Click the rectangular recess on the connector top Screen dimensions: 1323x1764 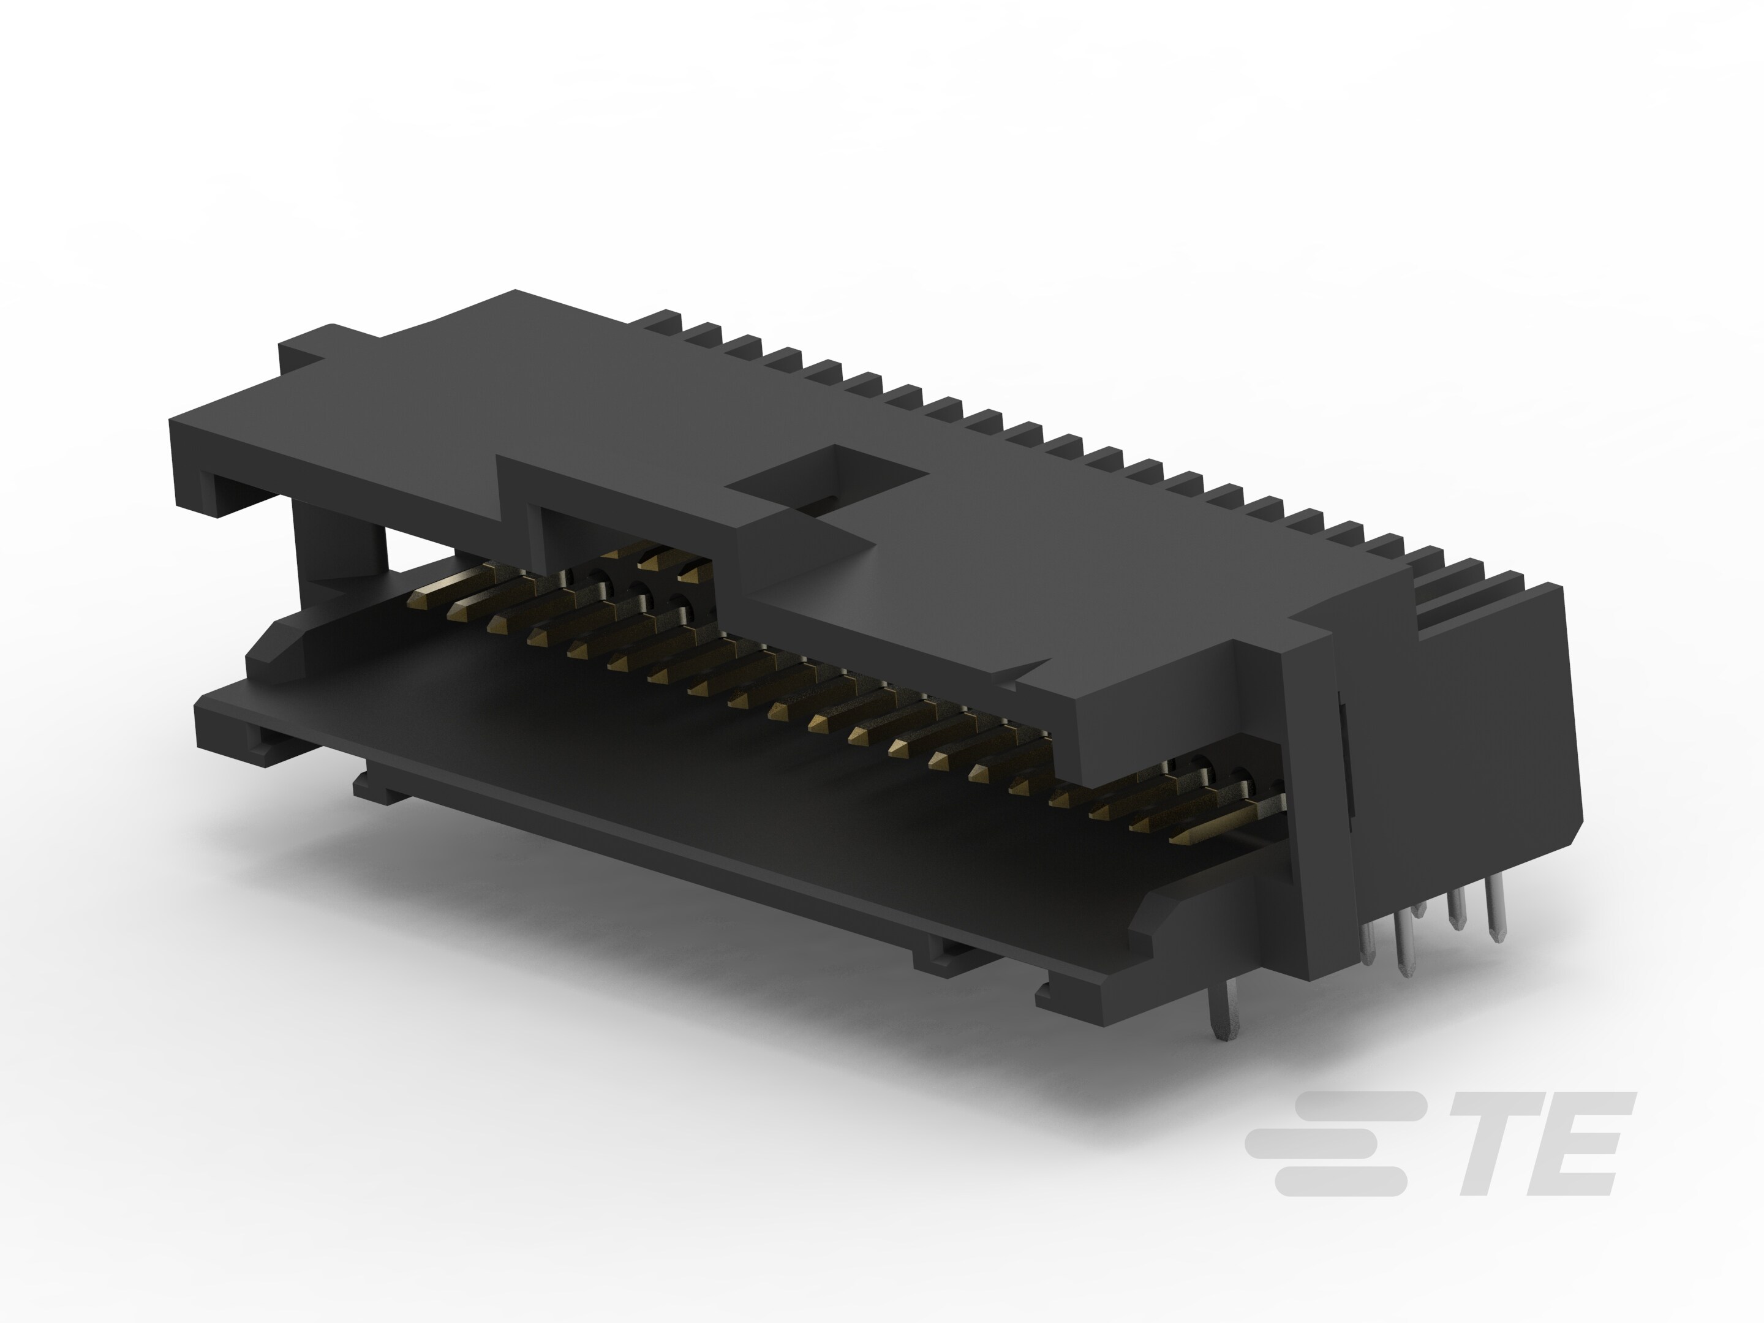[x=829, y=478]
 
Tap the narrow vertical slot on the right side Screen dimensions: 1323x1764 [x=1344, y=758]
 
